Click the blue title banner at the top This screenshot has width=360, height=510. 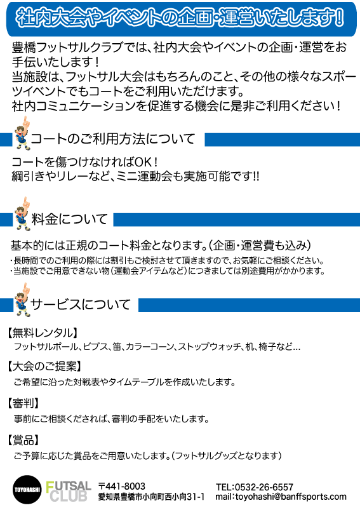(181, 19)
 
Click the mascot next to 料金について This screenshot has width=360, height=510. (23, 214)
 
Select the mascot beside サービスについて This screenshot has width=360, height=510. (23, 300)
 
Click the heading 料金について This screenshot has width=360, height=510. (70, 219)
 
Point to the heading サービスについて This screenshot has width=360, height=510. (81, 304)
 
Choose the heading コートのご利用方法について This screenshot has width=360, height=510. (113, 139)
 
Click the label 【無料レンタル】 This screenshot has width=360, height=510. (43, 333)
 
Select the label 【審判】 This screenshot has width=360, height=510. (23, 403)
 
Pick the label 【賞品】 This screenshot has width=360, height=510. (23, 440)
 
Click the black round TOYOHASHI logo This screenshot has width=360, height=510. (27, 490)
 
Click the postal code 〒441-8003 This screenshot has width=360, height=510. (122, 487)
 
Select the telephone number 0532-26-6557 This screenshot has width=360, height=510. (263, 487)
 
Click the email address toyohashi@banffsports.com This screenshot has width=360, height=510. (291, 497)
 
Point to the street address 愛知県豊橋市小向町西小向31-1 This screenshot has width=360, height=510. (151, 497)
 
